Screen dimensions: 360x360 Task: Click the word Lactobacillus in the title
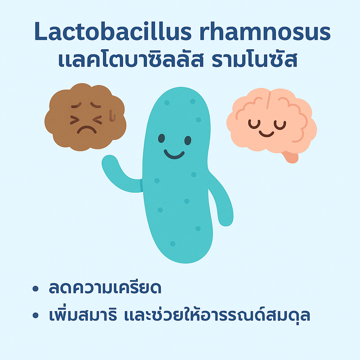[113, 32]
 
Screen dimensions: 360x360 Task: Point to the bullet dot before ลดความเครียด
[36, 288]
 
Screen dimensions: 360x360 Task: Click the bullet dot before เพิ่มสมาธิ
[36, 315]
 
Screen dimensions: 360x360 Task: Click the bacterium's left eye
[161, 139]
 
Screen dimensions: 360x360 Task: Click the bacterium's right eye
[188, 141]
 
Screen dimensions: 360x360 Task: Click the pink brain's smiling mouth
[266, 134]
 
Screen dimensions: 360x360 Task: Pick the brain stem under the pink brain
[291, 157]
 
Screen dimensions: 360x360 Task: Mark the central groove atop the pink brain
[269, 100]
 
